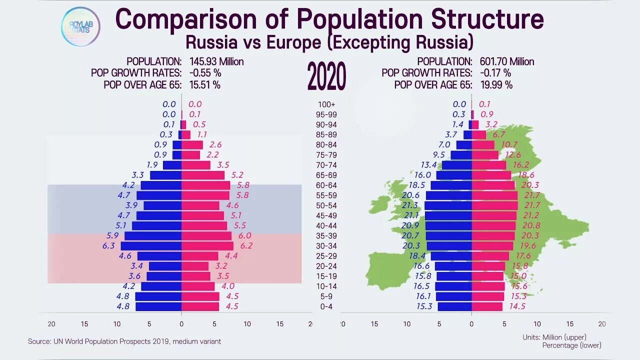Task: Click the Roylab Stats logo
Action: [x=80, y=26]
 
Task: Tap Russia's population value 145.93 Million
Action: [x=216, y=61]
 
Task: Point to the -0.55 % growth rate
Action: [x=205, y=73]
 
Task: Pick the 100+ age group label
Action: [x=326, y=104]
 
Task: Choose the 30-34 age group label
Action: [x=326, y=245]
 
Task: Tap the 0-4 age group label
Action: [x=326, y=306]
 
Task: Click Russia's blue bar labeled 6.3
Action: [x=151, y=245]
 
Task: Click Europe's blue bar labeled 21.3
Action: [x=448, y=205]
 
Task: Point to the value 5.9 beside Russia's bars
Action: [x=113, y=235]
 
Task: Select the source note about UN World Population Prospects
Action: [x=124, y=341]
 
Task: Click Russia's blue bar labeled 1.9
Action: [x=172, y=165]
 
